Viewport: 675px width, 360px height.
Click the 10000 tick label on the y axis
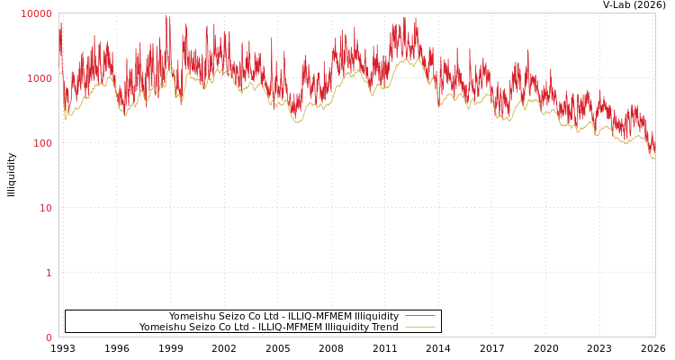click(x=36, y=13)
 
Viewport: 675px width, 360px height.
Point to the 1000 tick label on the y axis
click(x=39, y=78)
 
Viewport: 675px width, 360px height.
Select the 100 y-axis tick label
click(x=41, y=143)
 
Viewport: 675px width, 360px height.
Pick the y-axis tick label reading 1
click(x=49, y=273)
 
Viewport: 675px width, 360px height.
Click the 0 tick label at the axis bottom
click(x=49, y=337)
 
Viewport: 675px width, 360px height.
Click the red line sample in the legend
click(x=419, y=316)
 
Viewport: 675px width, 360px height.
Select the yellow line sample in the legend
click(x=419, y=327)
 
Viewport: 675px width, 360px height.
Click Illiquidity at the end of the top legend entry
click(x=375, y=316)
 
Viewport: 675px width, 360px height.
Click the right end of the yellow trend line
click(x=654, y=158)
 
